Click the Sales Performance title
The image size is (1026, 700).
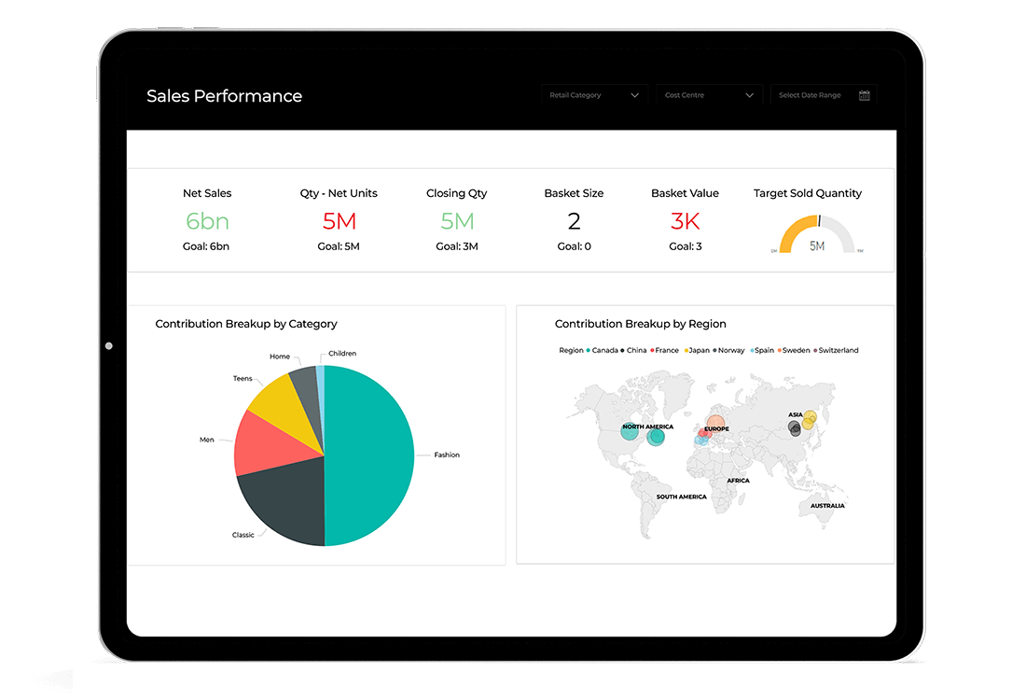pyautogui.click(x=224, y=96)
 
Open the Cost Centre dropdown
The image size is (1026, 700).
pyautogui.click(x=709, y=95)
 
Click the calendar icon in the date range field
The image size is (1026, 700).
pyautogui.click(x=864, y=95)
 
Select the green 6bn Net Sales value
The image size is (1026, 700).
pyautogui.click(x=207, y=221)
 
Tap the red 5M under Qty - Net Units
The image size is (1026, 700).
pyautogui.click(x=339, y=221)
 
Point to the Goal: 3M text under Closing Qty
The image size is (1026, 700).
pyautogui.click(x=457, y=246)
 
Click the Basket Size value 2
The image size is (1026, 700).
pyautogui.click(x=574, y=221)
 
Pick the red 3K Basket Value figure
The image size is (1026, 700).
pyautogui.click(x=685, y=221)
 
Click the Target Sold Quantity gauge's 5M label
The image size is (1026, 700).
pyautogui.click(x=817, y=246)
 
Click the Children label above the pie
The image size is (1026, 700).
pyautogui.click(x=341, y=354)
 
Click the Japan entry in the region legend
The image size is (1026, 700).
pyautogui.click(x=697, y=350)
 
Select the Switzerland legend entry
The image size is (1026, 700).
pyautogui.click(x=838, y=350)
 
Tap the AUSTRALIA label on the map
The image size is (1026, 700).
pyautogui.click(x=826, y=506)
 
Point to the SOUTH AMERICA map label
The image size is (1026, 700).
pyautogui.click(x=681, y=497)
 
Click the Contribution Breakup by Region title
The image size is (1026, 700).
pyautogui.click(x=640, y=324)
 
